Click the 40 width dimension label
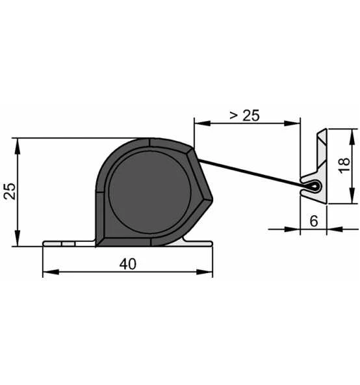[x=127, y=264]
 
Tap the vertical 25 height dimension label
[x=10, y=191]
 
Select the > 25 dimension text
[x=244, y=115]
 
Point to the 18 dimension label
[x=344, y=165]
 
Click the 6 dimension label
[x=314, y=221]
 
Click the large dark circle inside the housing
[x=149, y=192]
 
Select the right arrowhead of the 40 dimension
[x=205, y=272]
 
